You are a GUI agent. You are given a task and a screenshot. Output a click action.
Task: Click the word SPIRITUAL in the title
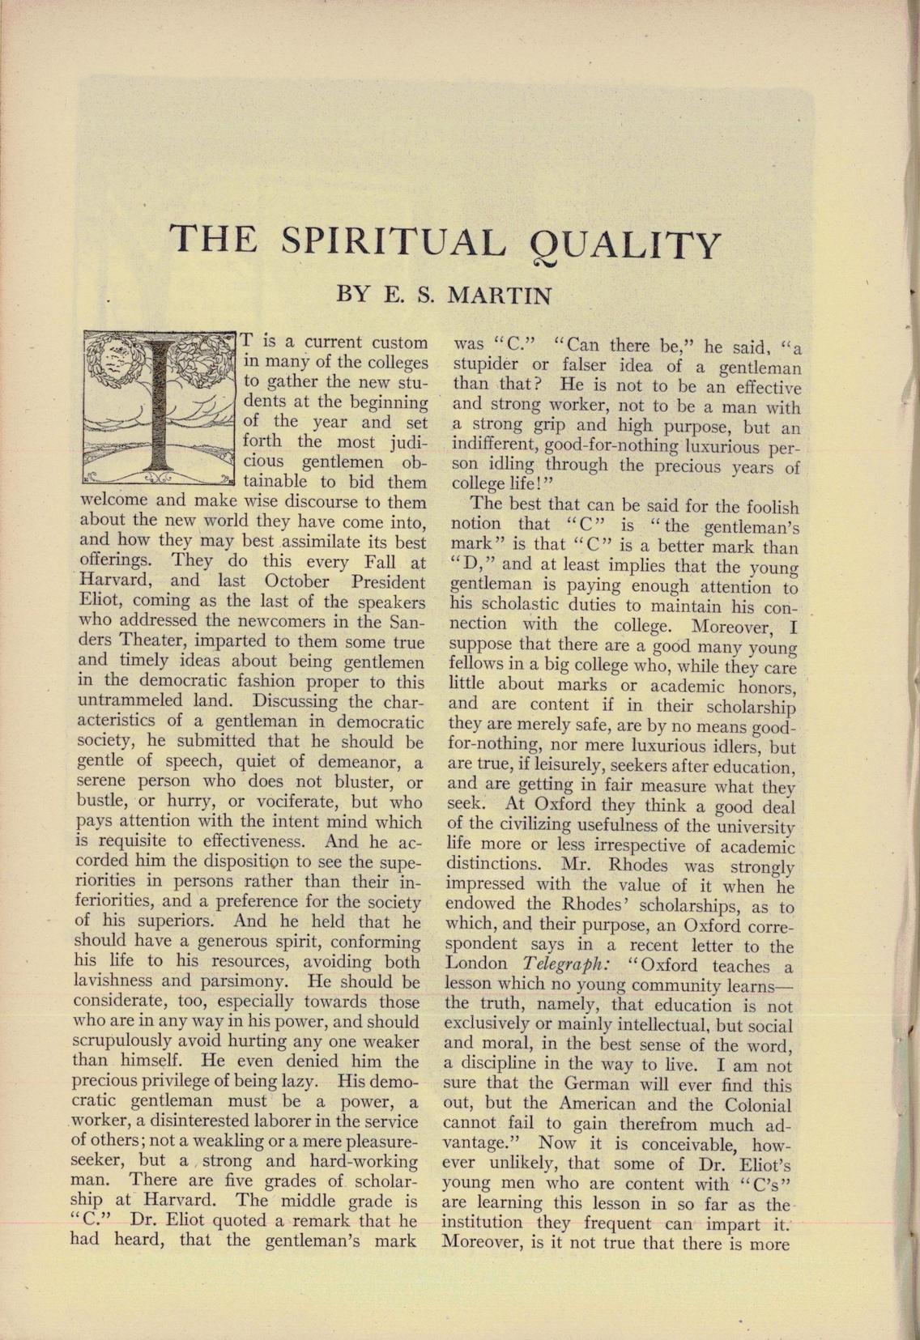pyautogui.click(x=392, y=242)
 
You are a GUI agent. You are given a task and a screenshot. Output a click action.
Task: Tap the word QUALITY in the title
pyautogui.click(x=624, y=244)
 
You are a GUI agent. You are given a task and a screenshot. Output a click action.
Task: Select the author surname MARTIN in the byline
pyautogui.click(x=500, y=296)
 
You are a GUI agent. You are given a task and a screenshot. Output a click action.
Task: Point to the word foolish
pyautogui.click(x=766, y=507)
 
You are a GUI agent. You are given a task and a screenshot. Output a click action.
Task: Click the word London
pyautogui.click(x=477, y=965)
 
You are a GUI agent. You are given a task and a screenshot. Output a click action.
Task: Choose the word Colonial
pyautogui.click(x=757, y=1105)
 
